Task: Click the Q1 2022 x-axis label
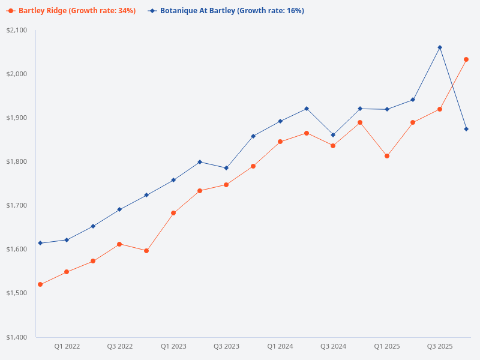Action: (67, 346)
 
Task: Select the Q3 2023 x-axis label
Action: (226, 346)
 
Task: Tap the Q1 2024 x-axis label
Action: (280, 346)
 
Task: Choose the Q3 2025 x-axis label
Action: (440, 346)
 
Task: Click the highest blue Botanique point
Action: (440, 47)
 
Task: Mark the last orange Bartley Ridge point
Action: (466, 59)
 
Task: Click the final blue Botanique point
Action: (466, 129)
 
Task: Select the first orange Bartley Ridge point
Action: (40, 284)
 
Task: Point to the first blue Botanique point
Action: (40, 243)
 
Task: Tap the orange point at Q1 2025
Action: (387, 156)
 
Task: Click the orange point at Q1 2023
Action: (173, 213)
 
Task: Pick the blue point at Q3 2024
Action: (333, 135)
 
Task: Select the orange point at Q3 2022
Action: (119, 244)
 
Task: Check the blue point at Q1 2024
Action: (280, 121)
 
